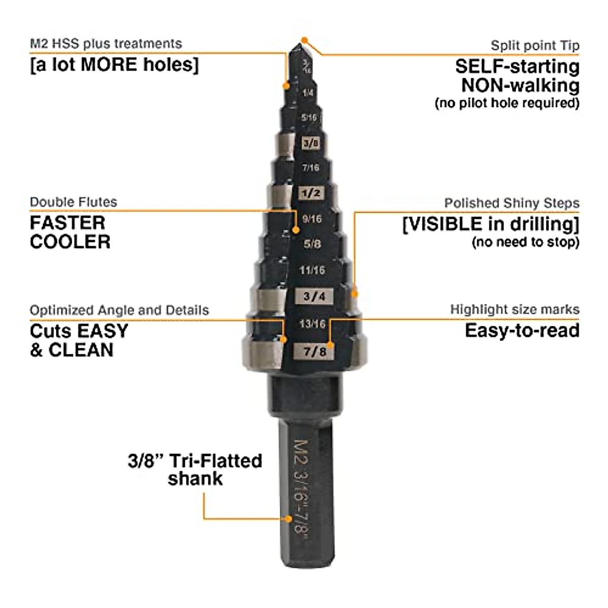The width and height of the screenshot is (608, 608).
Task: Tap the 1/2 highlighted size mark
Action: pos(311,194)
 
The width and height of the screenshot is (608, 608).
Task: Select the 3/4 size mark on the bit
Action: pos(314,296)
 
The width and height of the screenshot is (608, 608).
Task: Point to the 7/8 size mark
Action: pos(315,351)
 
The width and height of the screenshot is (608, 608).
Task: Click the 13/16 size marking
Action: pos(312,323)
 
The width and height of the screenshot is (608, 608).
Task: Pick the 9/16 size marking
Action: pos(312,219)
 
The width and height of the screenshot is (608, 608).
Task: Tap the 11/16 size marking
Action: pos(312,270)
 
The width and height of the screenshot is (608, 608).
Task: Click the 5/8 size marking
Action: pos(312,244)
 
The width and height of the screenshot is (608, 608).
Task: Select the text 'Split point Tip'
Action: pos(535,46)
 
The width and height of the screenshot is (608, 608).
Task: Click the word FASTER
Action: pos(67,223)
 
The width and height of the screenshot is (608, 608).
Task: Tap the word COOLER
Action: pos(70,242)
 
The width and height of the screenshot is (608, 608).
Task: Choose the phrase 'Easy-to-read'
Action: pos(522,330)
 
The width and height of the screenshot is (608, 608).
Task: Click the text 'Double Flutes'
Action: pos(73,202)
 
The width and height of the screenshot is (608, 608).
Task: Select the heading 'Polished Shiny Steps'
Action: pos(512,203)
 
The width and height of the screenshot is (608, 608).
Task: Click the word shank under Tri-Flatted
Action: pos(196,479)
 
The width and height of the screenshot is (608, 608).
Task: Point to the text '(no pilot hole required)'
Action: pos(507,103)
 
